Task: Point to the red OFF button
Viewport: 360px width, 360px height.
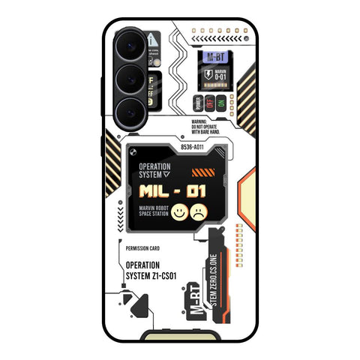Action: click(x=209, y=103)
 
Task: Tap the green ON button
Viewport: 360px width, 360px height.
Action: click(x=220, y=103)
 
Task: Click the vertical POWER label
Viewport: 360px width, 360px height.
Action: click(x=197, y=103)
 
